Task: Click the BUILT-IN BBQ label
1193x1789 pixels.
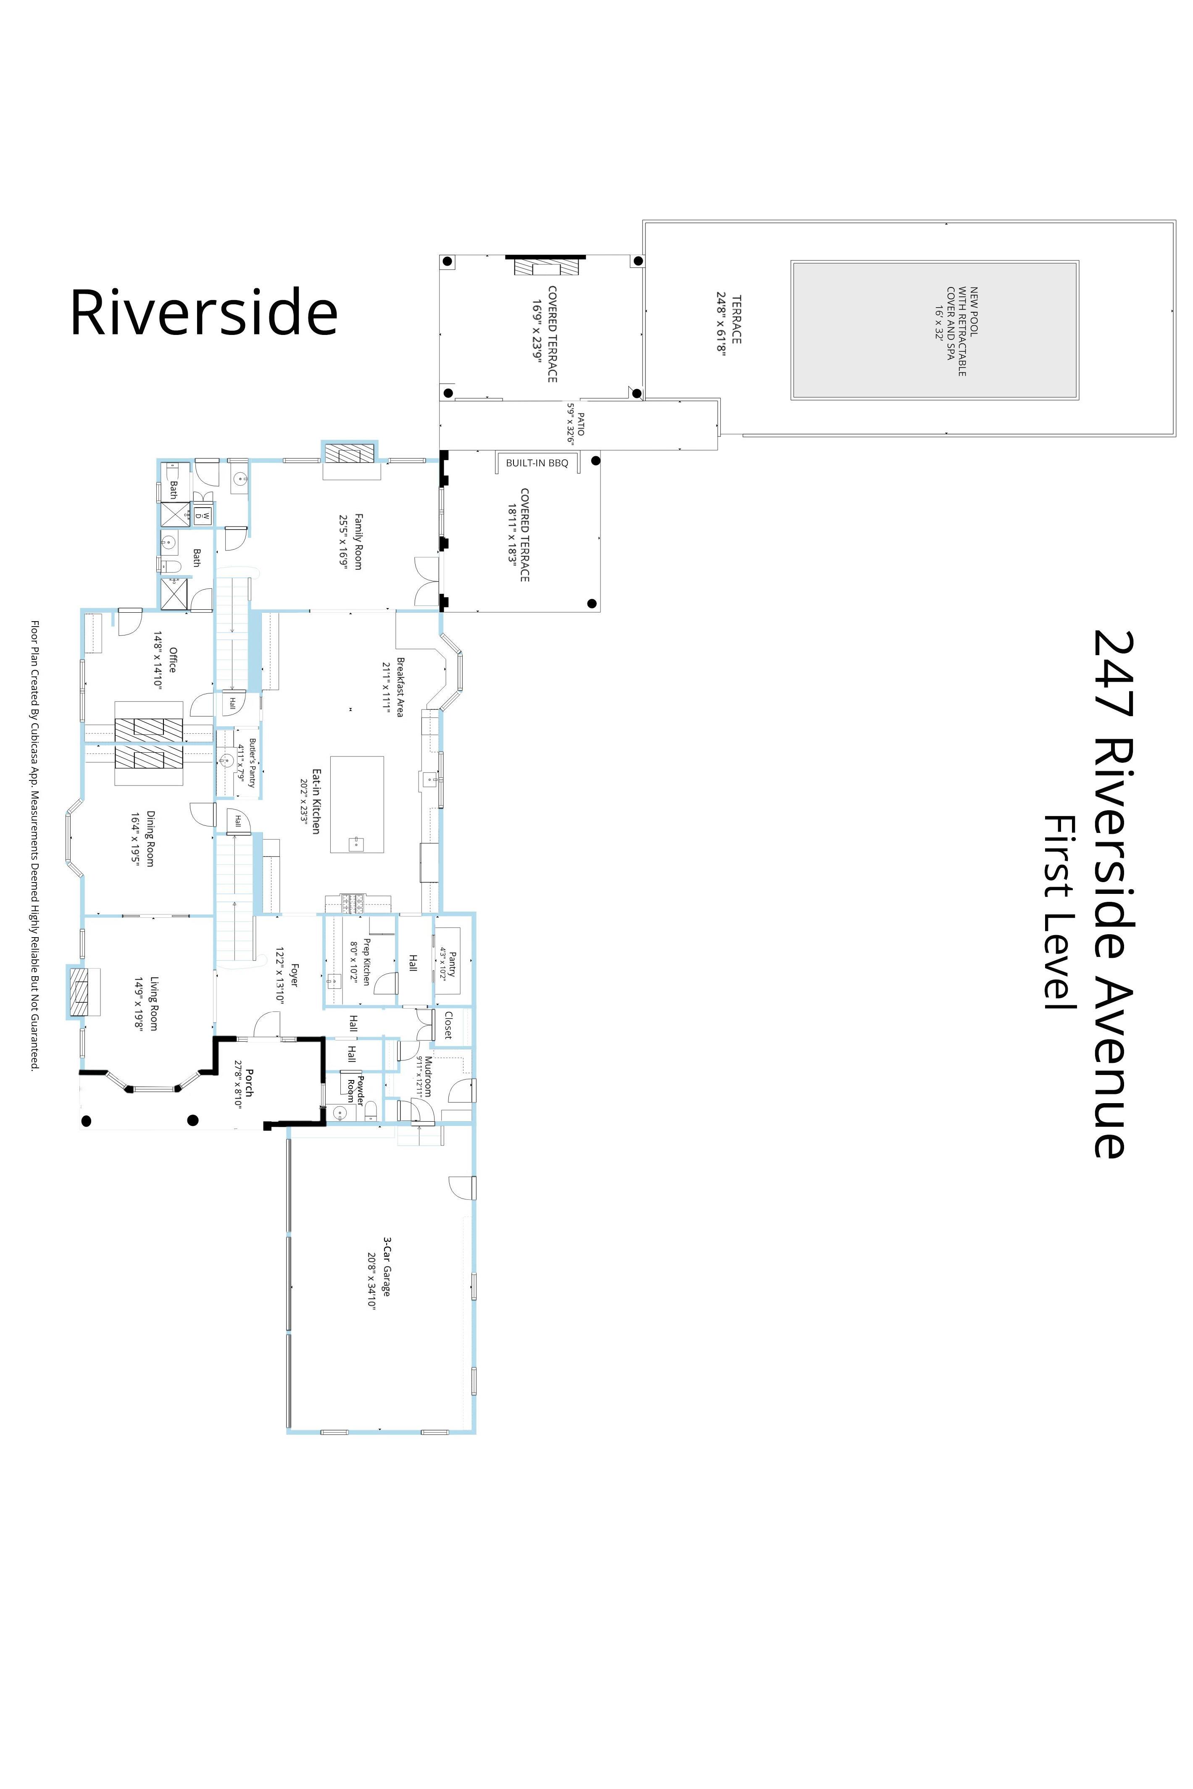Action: [x=537, y=463]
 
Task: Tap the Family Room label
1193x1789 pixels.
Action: [x=358, y=541]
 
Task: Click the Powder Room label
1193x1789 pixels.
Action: [x=356, y=1089]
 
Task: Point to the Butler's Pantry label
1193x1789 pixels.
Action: [x=253, y=762]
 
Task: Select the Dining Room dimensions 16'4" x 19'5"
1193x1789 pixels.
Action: [x=135, y=838]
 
